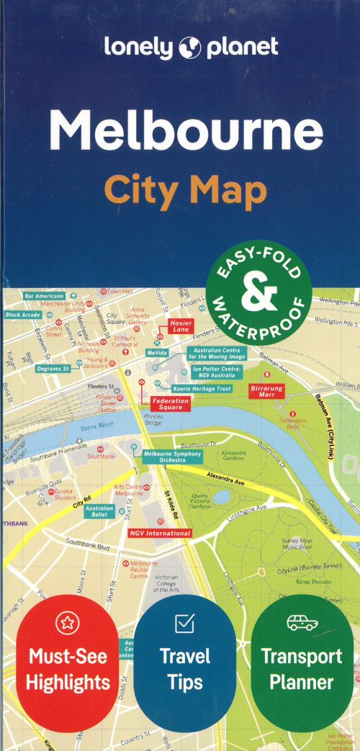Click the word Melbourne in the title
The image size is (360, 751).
(186, 130)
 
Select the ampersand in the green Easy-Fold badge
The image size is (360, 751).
(258, 294)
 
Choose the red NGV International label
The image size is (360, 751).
(160, 533)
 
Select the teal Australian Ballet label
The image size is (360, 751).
(99, 511)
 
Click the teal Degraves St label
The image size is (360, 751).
(53, 369)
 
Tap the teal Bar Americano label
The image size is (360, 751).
(44, 295)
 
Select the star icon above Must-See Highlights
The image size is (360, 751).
(68, 624)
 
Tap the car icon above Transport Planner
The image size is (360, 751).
(302, 624)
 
